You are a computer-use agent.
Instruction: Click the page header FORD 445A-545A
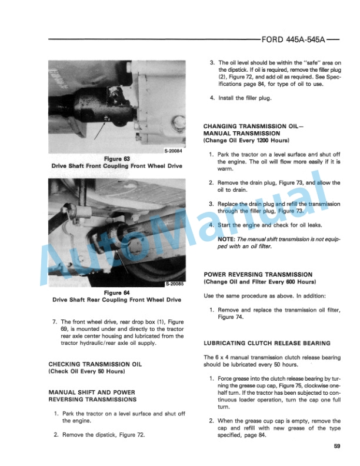292,41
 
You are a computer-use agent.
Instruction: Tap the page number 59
336,446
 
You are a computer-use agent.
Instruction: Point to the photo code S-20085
174,284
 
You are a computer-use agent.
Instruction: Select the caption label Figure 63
116,159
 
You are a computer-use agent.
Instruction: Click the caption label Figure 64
116,292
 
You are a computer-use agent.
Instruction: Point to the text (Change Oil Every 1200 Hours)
245,141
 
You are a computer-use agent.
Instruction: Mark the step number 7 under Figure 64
55,321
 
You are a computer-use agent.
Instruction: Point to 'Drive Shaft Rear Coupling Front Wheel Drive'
116,300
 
